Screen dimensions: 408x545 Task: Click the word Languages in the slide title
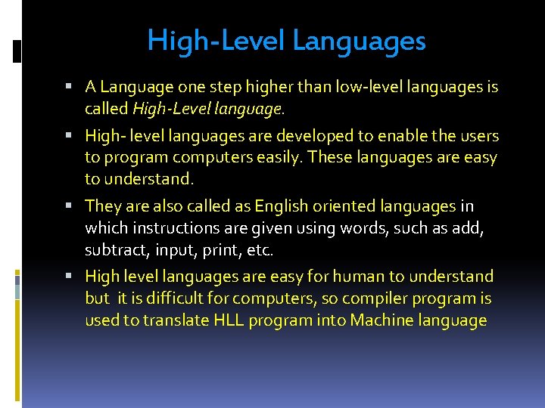359,41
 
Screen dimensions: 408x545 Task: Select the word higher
265,88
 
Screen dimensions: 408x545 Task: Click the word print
220,249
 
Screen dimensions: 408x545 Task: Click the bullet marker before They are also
79,206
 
